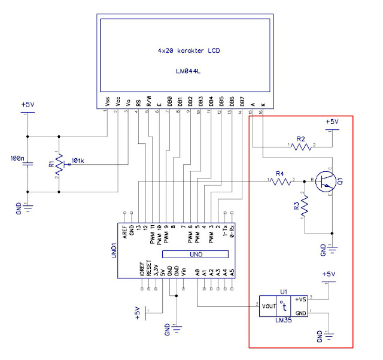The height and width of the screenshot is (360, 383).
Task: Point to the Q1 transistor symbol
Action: point(325,180)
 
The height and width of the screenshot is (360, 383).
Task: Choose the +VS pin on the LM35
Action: point(300,299)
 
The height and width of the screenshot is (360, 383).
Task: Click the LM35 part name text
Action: point(284,320)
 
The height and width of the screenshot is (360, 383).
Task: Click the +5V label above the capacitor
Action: point(28,105)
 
